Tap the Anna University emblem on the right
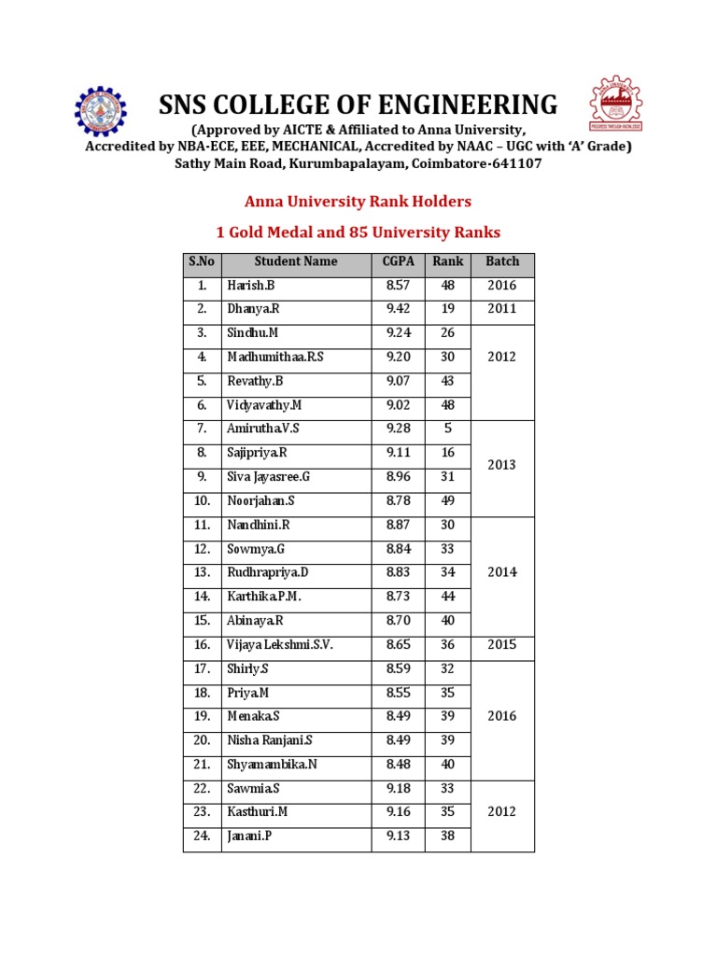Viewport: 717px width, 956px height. pos(616,104)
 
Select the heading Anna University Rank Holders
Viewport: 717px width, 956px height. pos(358,201)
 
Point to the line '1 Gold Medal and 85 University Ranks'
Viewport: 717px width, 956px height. pos(358,232)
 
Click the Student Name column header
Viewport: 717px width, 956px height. pos(296,261)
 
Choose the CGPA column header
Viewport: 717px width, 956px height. pos(398,261)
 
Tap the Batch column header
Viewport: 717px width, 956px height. pos(502,261)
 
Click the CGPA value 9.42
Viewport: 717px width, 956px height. pos(398,309)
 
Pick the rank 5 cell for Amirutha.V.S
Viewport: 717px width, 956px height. pos(447,429)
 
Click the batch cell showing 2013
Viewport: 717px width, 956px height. pos(502,465)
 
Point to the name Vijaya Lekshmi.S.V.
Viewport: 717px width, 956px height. pos(279,644)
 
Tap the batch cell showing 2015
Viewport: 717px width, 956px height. pos(502,644)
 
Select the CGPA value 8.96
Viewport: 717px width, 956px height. pos(398,476)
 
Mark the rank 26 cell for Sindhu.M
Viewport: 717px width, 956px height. pos(447,333)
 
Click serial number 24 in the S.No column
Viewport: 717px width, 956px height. pos(202,836)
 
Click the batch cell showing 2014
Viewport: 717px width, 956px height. pos(502,572)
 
